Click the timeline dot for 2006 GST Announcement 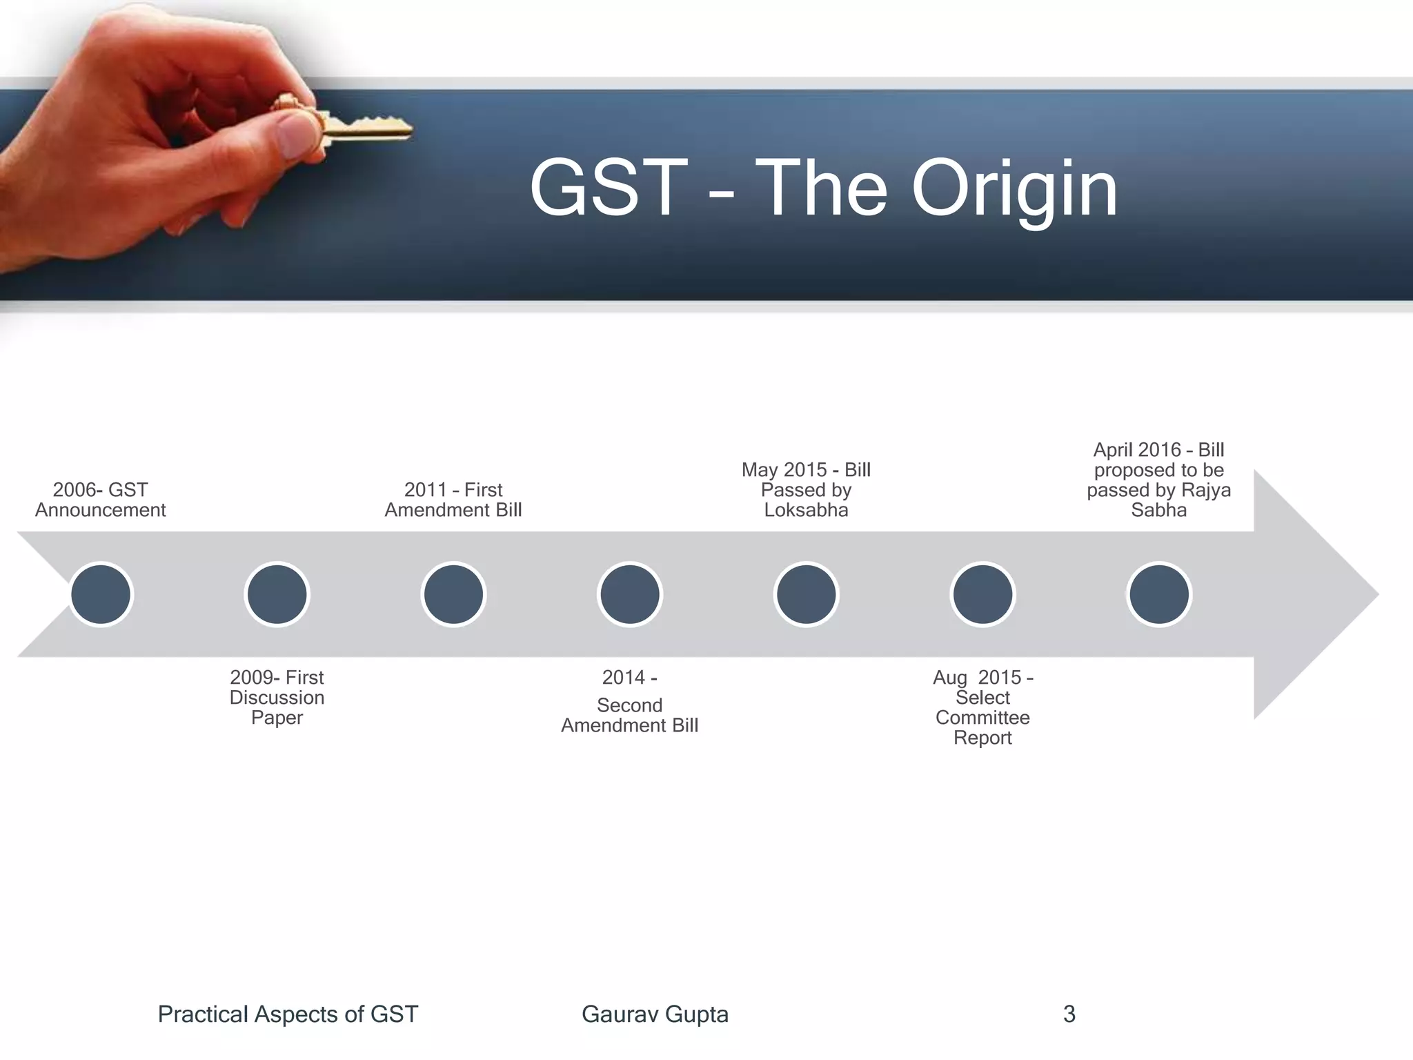click(101, 594)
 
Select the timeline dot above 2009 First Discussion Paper click(277, 594)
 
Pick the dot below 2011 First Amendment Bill click(453, 594)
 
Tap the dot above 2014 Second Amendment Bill click(630, 594)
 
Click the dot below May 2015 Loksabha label click(806, 594)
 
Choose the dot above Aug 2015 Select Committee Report click(982, 594)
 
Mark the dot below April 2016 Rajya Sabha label click(1159, 594)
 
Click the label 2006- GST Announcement click(101, 500)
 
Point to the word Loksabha click(806, 510)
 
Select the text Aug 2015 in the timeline click(976, 677)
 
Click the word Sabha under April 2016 click(1159, 510)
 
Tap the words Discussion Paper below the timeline click(277, 707)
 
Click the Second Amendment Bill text click(630, 716)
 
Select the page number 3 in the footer click(1069, 1014)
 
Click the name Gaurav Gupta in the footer click(655, 1014)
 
